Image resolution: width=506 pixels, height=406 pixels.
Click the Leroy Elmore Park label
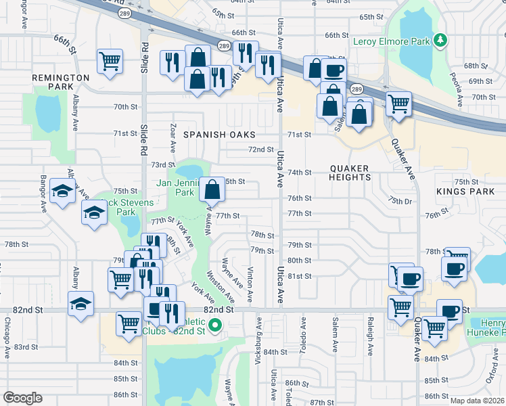(x=392, y=41)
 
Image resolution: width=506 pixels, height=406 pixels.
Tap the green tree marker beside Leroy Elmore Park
(x=440, y=41)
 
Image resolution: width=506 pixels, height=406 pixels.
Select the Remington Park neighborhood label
(x=60, y=83)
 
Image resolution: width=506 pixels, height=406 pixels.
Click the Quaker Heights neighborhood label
(x=350, y=173)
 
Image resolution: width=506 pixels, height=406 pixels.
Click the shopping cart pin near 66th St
(x=110, y=61)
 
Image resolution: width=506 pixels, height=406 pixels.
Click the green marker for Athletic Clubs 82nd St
(x=215, y=327)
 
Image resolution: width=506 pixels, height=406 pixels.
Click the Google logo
(x=22, y=399)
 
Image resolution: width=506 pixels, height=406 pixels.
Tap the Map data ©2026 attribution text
(x=476, y=401)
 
